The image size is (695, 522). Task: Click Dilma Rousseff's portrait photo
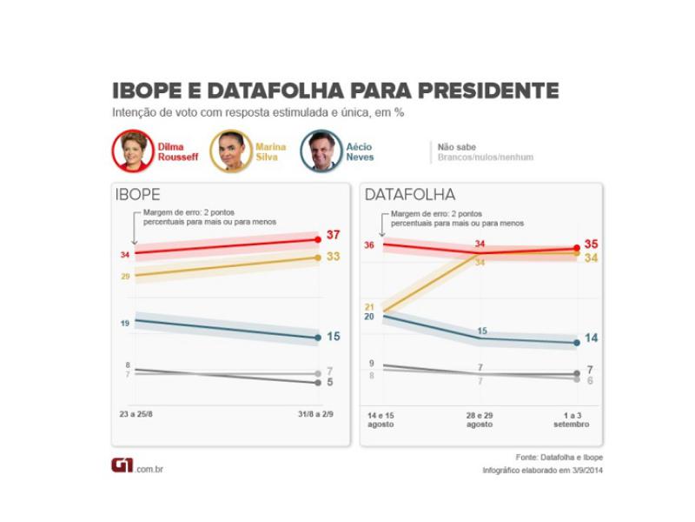(133, 151)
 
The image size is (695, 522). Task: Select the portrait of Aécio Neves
(321, 151)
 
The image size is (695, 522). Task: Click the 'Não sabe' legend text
(456, 147)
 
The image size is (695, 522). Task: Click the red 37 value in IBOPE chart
(334, 236)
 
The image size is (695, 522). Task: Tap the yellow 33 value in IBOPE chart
(334, 258)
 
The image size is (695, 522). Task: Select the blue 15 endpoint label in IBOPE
(334, 337)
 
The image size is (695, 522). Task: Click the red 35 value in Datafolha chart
(591, 244)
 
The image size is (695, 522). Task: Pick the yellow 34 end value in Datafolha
(591, 258)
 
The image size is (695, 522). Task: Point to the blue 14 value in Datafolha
(591, 338)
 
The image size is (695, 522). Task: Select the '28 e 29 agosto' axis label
(480, 419)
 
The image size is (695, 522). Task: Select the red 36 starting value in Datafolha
(368, 245)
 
